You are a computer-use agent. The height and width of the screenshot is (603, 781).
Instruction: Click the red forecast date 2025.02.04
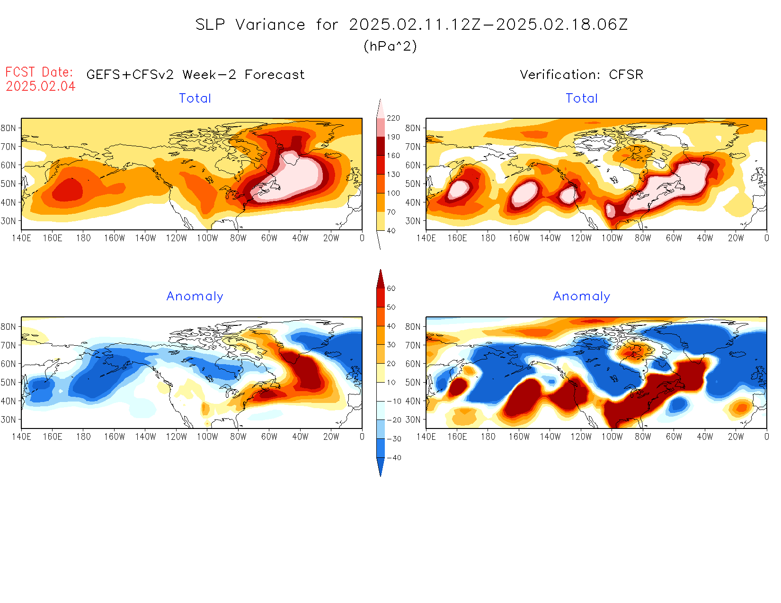click(41, 87)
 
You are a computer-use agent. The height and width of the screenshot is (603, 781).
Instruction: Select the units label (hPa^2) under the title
click(390, 46)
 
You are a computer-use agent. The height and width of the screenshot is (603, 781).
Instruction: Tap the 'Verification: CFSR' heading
click(581, 75)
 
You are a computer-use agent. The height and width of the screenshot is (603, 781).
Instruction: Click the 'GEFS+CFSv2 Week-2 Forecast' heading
click(195, 75)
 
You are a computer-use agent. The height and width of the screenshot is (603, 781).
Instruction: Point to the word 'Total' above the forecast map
click(195, 98)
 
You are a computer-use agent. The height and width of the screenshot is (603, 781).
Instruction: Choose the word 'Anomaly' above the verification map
click(581, 297)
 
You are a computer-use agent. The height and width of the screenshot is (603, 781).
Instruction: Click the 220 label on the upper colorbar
click(393, 118)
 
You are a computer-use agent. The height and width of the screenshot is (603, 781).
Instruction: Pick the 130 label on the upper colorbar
click(393, 175)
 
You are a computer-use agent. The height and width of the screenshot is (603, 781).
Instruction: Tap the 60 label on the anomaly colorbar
click(391, 288)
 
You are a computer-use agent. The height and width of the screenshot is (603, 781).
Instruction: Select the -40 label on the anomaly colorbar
click(394, 458)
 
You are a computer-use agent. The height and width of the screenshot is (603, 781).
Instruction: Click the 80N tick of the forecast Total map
click(8, 128)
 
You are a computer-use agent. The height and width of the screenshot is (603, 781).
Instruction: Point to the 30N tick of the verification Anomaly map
click(413, 419)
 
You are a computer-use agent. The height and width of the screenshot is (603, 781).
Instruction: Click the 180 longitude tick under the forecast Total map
click(83, 238)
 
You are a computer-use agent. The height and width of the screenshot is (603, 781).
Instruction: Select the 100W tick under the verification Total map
click(612, 238)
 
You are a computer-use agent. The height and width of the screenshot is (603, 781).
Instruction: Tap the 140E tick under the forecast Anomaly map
click(21, 437)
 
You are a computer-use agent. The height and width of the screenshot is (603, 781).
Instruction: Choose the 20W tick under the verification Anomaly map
click(736, 437)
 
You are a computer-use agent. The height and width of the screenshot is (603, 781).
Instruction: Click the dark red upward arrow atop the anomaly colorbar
click(381, 279)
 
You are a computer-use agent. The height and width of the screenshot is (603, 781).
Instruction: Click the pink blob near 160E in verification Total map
click(458, 190)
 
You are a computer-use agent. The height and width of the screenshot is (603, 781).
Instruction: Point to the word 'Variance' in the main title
click(270, 25)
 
